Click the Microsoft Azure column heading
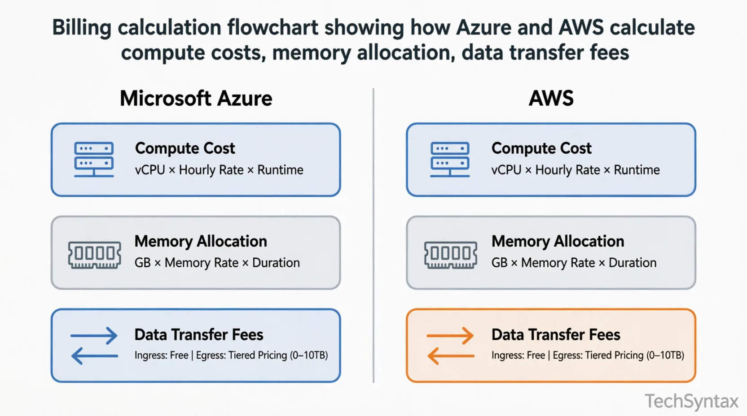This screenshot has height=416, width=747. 196,98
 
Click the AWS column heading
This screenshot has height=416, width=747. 551,98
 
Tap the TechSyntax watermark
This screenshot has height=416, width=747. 691,401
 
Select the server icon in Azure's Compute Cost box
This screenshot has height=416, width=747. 94,160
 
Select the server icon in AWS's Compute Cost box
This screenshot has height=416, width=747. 450,160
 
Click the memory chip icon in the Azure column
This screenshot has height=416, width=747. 94,254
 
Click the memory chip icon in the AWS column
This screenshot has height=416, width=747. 450,254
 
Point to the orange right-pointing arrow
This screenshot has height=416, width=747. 450,335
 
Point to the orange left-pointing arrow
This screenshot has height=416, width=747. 450,356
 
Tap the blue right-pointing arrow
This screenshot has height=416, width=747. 94,335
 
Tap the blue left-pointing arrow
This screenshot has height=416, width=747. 94,356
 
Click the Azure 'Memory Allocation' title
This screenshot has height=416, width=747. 201,241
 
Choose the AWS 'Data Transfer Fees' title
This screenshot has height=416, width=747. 556,334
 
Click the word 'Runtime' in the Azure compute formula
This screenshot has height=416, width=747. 280,170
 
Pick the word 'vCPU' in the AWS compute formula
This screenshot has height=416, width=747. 506,170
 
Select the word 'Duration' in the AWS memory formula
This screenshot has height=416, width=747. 632,263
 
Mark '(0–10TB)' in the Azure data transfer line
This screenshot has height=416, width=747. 309,355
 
